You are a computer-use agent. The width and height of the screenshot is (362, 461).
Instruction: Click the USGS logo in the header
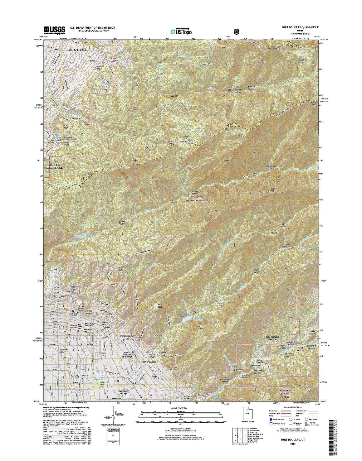[54, 30]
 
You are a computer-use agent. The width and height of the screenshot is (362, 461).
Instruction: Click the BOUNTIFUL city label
[76, 50]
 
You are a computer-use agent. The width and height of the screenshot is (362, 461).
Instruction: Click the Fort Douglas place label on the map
[149, 362]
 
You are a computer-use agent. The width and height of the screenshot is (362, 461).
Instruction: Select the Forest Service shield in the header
[236, 31]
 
